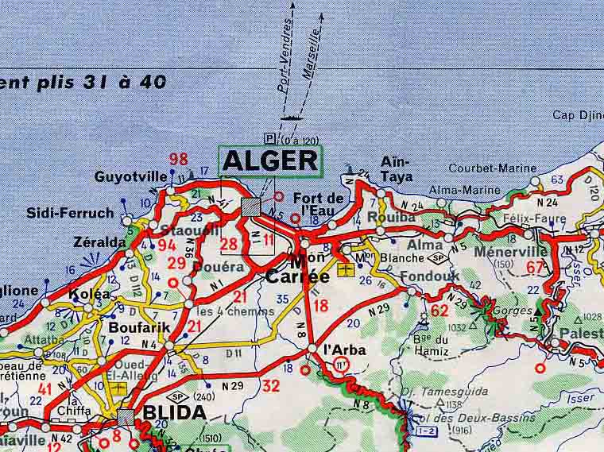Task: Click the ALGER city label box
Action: coord(269,160)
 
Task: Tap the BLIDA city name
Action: coord(174,412)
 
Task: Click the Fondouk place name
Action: coord(431,276)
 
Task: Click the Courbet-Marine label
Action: coord(489,168)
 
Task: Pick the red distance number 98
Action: coord(179,159)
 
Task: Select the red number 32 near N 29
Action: coord(271,387)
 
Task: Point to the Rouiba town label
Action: coord(397,217)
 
